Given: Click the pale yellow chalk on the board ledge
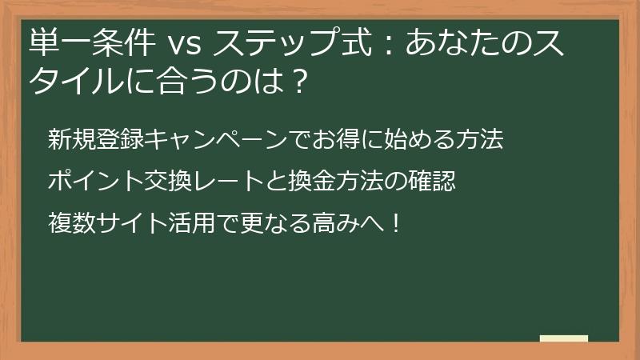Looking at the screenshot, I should [564, 338].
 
